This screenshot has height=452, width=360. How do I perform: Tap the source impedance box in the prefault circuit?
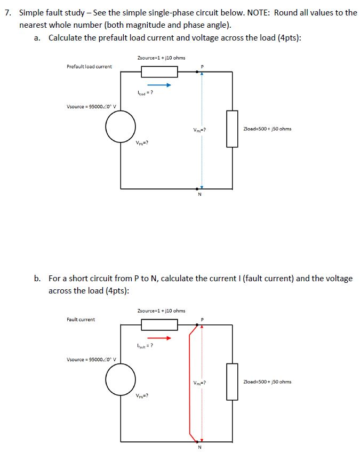click(x=159, y=72)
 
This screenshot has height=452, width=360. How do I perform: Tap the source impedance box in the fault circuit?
click(x=159, y=324)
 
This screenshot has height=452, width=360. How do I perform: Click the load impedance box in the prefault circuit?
click(x=232, y=128)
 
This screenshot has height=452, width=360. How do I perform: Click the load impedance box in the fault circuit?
click(x=232, y=382)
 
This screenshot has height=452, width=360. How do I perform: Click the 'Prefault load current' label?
click(x=89, y=67)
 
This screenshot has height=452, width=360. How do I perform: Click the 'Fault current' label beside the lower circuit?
click(x=81, y=320)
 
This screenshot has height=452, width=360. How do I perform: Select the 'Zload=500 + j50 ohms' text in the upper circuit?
click(x=267, y=129)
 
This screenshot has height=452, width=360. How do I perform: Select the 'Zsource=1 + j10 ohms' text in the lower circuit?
click(x=161, y=311)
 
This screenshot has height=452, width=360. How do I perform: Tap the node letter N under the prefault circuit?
click(x=200, y=194)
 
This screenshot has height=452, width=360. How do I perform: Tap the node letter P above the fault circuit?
click(x=201, y=320)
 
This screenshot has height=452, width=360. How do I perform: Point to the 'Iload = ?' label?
click(x=145, y=94)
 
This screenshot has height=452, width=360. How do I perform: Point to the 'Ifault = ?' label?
click(x=145, y=347)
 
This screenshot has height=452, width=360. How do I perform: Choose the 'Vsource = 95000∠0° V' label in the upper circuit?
click(x=89, y=106)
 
